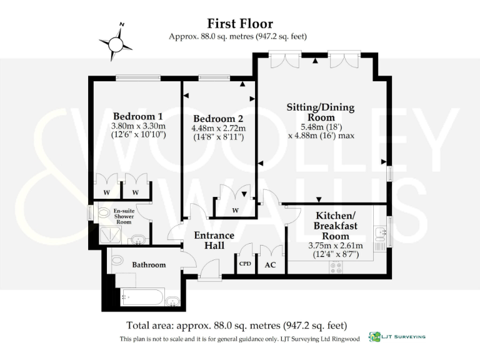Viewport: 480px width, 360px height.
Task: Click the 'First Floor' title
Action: coord(241,24)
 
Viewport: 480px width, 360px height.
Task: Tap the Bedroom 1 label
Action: coord(137,116)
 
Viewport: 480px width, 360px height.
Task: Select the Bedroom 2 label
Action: coord(218,119)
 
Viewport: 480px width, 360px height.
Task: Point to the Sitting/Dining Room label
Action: coord(320,112)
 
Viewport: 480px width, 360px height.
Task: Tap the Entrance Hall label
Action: coord(214,241)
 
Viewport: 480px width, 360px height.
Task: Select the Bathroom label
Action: coord(149,265)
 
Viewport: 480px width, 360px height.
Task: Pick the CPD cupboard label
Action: coord(246,264)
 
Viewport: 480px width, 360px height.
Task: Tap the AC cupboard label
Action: coord(271,265)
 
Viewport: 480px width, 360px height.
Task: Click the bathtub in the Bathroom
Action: coord(142,297)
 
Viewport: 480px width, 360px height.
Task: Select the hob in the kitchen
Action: coord(336,267)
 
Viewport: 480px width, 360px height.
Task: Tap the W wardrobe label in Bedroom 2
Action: coord(235,210)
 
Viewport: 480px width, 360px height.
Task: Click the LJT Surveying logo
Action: coord(397,337)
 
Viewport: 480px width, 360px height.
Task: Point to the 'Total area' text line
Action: coord(236,325)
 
